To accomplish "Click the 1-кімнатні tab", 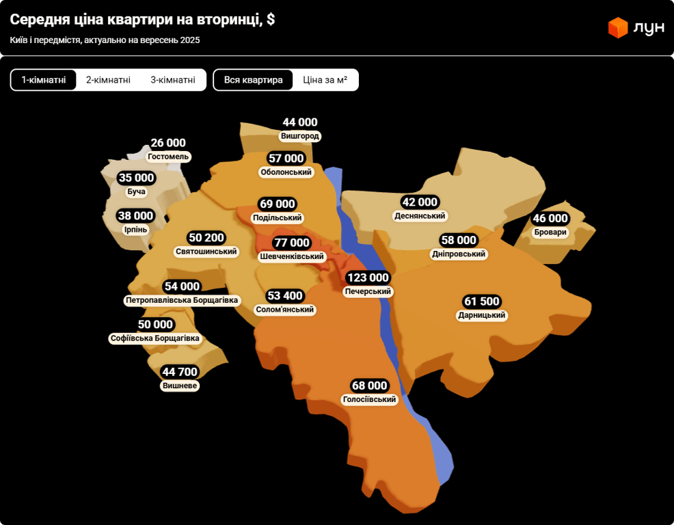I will (44, 80).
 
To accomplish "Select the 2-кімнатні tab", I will (108, 80).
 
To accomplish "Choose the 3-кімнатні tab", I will (173, 80).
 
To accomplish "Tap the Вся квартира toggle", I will (253, 80).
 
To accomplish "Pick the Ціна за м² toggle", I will (325, 80).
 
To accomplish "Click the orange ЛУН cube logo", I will (618, 27).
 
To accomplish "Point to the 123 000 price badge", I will (368, 278).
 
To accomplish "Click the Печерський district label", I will (368, 291).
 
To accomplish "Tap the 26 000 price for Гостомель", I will (168, 143).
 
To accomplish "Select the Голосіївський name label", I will (370, 399).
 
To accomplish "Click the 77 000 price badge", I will (292, 243).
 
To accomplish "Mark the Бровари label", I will (550, 232).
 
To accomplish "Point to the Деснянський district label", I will (420, 216).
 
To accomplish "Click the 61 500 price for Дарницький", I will (483, 301).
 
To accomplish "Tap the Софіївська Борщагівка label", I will (156, 338).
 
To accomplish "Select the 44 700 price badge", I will (180, 372).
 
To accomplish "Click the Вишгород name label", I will (300, 136).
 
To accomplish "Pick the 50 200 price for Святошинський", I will (206, 238).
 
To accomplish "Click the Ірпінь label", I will (135, 230).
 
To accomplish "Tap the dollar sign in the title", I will (271, 20).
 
